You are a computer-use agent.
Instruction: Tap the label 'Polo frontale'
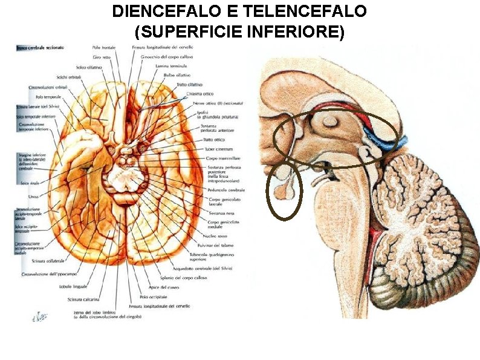click(x=105, y=47)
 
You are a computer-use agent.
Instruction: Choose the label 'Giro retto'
click(x=101, y=56)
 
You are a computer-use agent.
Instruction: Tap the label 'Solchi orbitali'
click(x=70, y=77)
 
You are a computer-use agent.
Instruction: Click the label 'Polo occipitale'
click(x=151, y=297)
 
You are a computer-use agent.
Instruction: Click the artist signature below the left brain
click(x=40, y=316)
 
